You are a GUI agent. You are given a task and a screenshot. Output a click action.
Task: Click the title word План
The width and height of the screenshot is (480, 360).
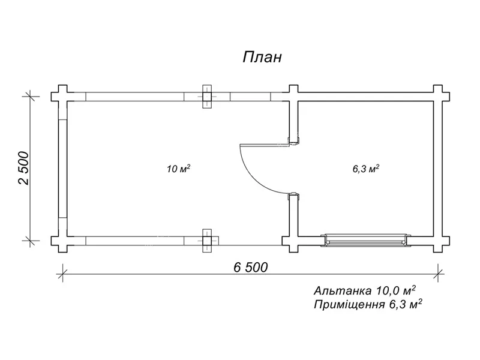pos(262,57)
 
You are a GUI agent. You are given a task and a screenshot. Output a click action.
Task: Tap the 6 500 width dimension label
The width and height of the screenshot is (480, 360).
pos(251,267)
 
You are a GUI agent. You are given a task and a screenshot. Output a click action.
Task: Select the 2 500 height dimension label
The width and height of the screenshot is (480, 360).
pos(23,168)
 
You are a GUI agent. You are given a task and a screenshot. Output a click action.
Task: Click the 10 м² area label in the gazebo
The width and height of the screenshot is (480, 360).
pos(178,169)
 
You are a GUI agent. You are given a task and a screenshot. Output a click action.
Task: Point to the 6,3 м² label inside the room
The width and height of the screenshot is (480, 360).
pos(366,169)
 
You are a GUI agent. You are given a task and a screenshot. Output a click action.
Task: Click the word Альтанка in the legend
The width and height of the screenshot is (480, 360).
pos(343,290)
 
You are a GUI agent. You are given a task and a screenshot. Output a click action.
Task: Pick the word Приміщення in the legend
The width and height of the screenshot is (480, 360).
pos(349,305)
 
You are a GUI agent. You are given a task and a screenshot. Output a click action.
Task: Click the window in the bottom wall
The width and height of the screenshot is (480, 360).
pos(366,241)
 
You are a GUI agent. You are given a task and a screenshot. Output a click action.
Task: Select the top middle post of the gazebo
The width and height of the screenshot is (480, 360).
pos(207,97)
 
